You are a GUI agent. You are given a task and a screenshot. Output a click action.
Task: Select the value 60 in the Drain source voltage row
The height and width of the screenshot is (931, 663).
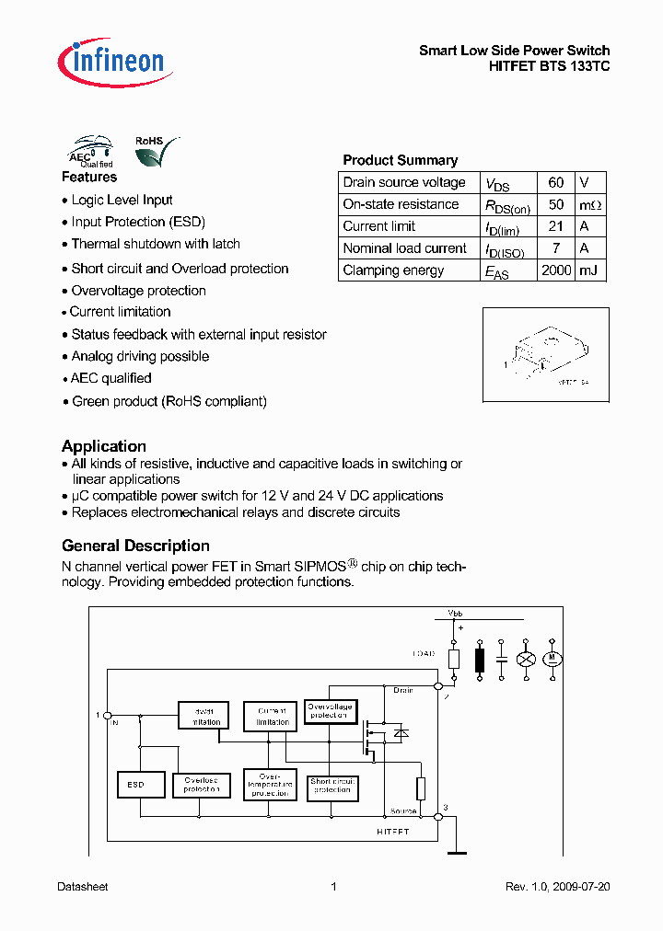pyautogui.click(x=555, y=182)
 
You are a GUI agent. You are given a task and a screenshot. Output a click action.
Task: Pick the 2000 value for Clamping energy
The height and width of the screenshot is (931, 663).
pyautogui.click(x=555, y=270)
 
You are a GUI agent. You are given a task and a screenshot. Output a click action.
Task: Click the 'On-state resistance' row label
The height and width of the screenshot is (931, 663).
pyautogui.click(x=401, y=204)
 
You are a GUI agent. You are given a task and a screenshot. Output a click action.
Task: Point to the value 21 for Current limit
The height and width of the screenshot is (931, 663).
pyautogui.click(x=555, y=226)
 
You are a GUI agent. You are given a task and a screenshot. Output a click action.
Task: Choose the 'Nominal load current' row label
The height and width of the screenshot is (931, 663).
pyautogui.click(x=404, y=248)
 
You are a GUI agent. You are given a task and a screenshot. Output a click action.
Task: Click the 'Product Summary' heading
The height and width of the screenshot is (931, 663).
pyautogui.click(x=400, y=160)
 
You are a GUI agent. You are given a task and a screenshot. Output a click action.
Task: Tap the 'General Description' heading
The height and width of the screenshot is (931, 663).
pyautogui.click(x=135, y=546)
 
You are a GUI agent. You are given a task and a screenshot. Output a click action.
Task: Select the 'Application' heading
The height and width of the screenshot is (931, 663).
pyautogui.click(x=104, y=446)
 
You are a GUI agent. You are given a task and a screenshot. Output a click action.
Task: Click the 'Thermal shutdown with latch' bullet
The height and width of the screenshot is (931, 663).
pyautogui.click(x=156, y=244)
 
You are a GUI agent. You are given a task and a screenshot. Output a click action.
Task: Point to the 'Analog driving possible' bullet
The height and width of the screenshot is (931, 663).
pyautogui.click(x=140, y=356)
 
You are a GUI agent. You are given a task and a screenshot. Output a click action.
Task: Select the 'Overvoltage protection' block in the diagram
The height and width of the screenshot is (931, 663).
pyautogui.click(x=330, y=711)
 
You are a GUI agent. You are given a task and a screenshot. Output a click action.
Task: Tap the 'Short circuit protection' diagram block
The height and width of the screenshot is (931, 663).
pyautogui.click(x=332, y=786)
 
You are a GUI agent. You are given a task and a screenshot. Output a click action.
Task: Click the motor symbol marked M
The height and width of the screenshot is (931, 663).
pyautogui.click(x=553, y=660)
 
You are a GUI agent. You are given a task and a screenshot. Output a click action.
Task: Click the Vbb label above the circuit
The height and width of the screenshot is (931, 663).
pyautogui.click(x=456, y=613)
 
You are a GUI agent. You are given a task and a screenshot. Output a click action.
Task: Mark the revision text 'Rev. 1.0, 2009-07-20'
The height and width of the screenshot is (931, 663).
pyautogui.click(x=557, y=887)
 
